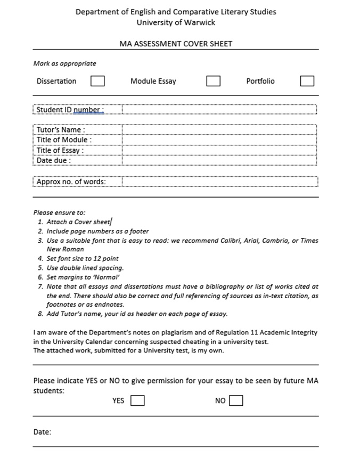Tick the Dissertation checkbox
(97, 81)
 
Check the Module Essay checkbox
(213, 81)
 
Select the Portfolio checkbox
(307, 81)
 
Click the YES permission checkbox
(137, 400)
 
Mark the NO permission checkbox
(236, 400)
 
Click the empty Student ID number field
(219, 110)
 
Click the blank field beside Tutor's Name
(219, 130)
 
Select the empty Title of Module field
(219, 140)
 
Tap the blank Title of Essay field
(219, 150)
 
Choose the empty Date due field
(219, 160)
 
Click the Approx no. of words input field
(219, 182)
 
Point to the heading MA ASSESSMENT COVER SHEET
(176, 44)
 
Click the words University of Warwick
(176, 22)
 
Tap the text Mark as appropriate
(64, 63)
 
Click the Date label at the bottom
(42, 432)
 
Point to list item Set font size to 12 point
(83, 258)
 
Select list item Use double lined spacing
(85, 268)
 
